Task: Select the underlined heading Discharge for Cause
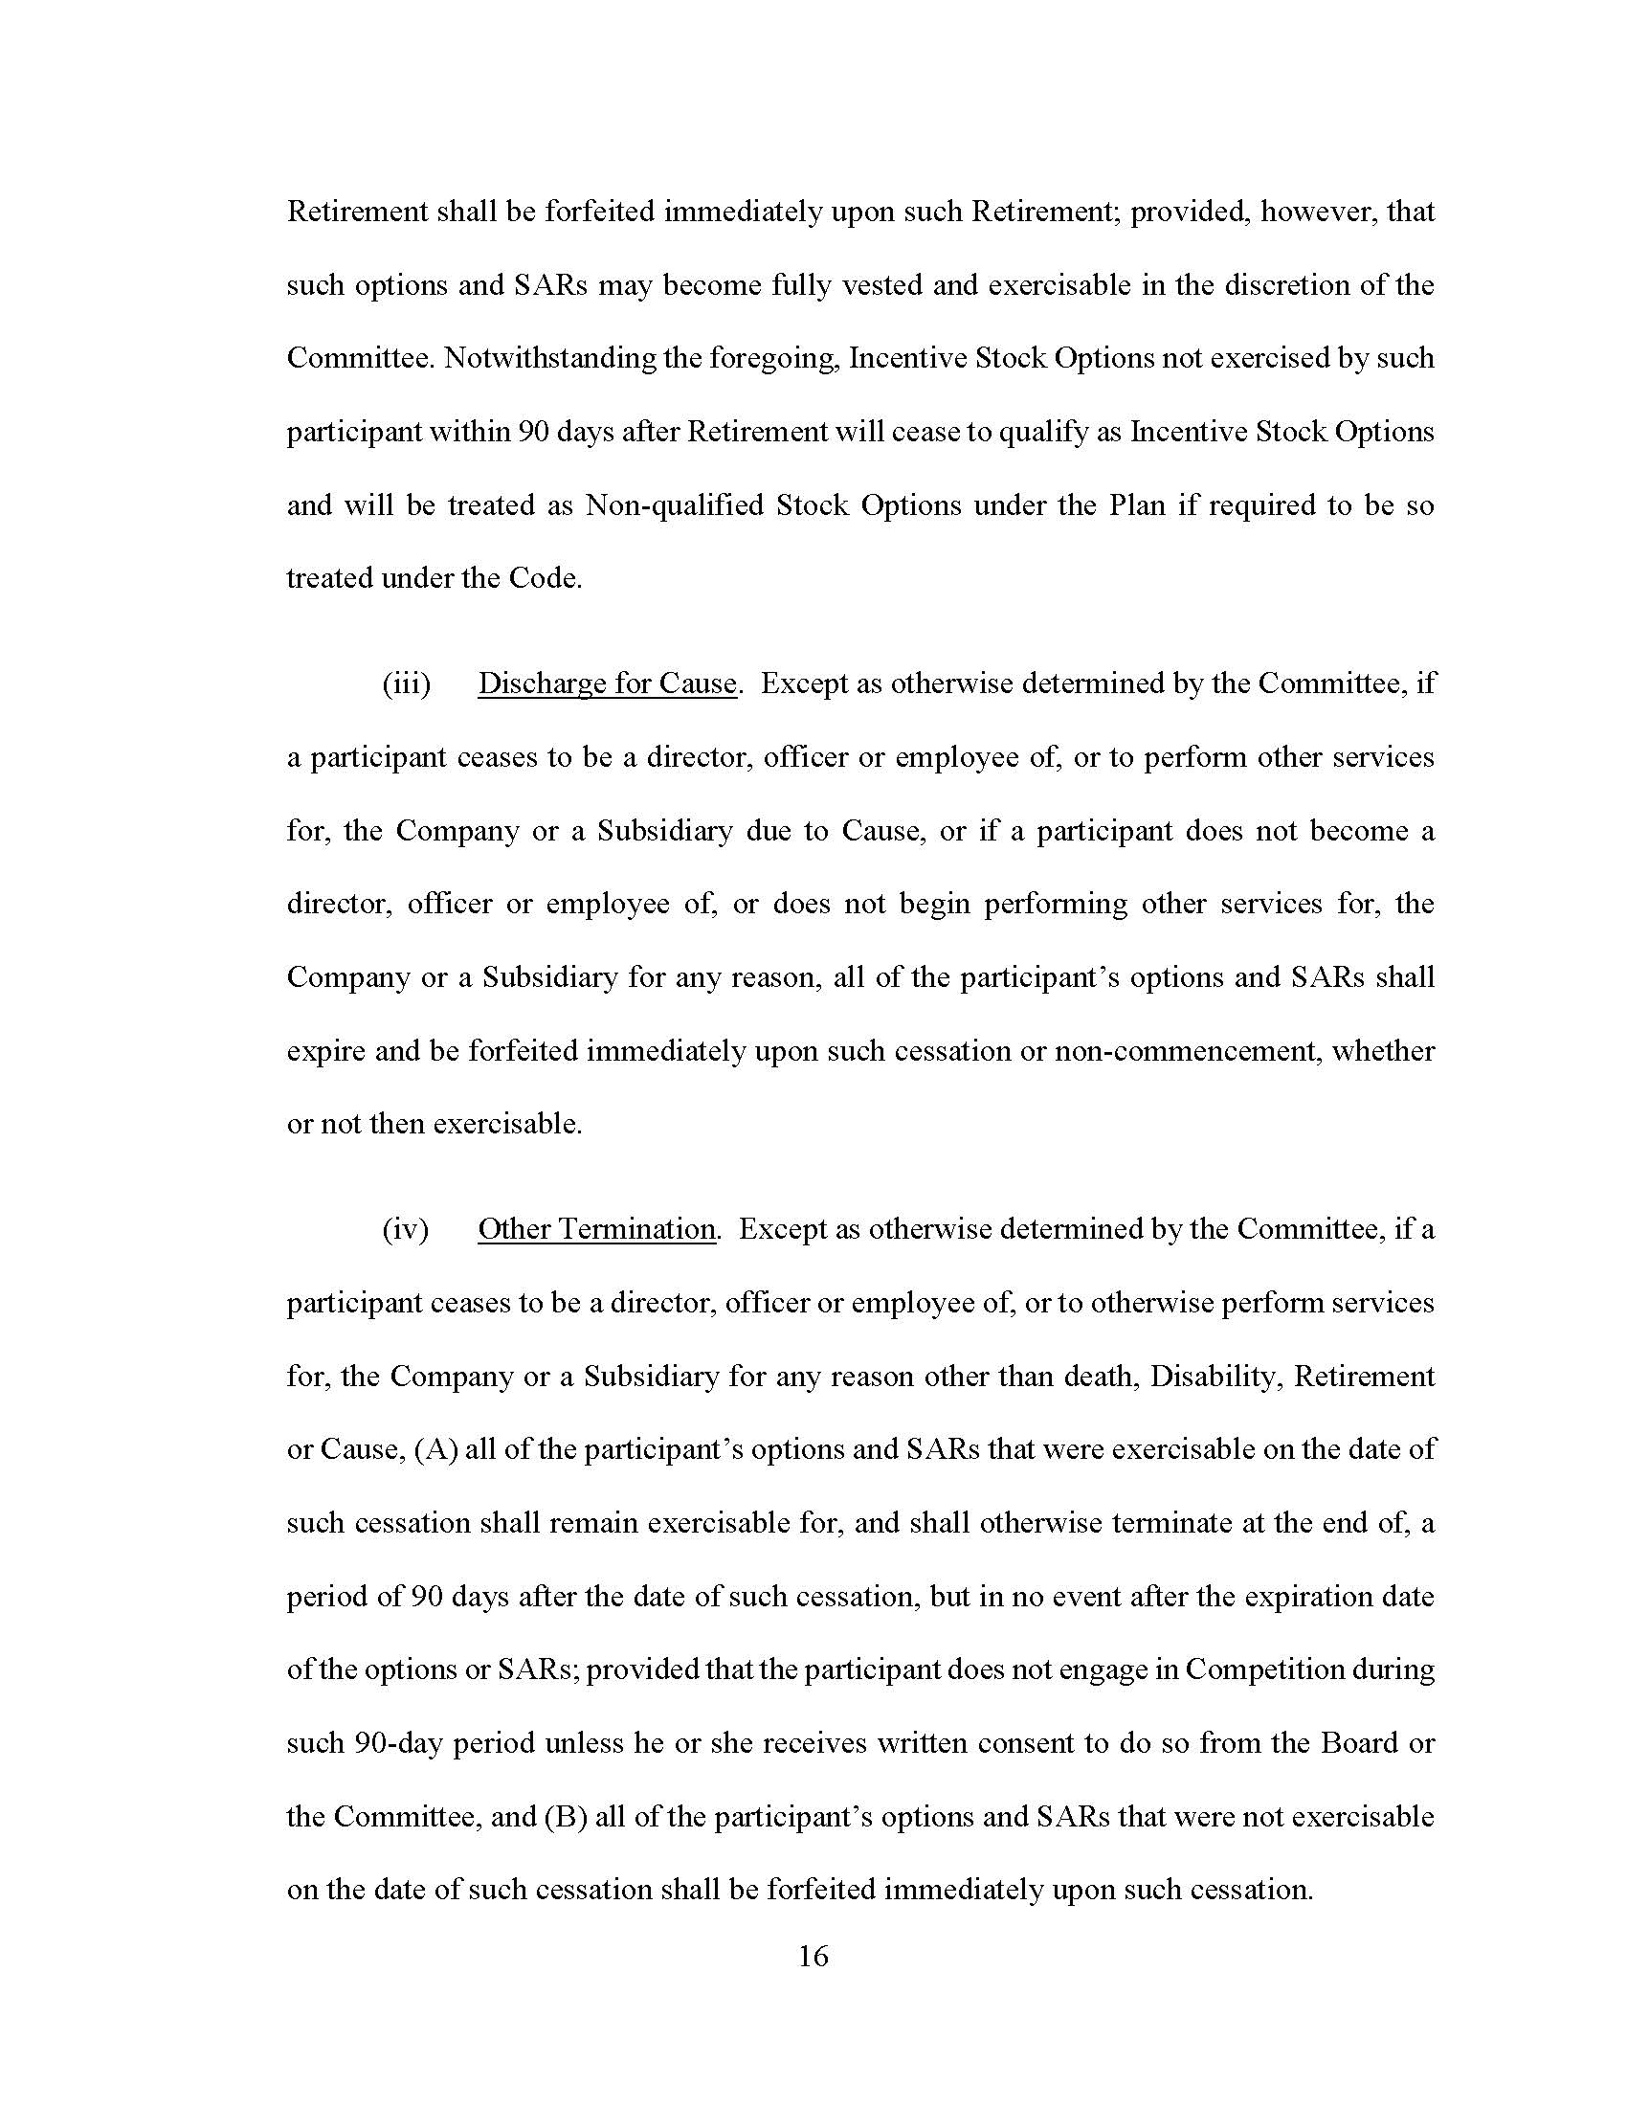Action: (607, 683)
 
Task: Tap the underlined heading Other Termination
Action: (596, 1229)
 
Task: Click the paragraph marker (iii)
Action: (406, 683)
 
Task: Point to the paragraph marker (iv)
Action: (406, 1229)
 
